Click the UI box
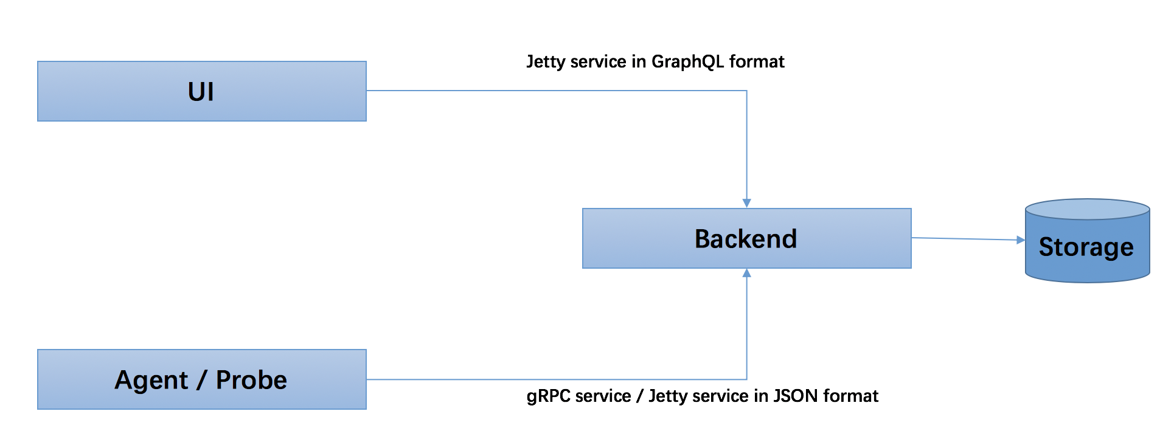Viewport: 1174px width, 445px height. point(201,91)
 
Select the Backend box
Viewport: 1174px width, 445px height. point(746,238)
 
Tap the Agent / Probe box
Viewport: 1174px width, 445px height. point(201,379)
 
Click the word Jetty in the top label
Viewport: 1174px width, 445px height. point(545,61)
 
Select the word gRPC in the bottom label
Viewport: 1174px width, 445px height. point(548,396)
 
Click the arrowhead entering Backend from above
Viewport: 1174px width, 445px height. point(746,203)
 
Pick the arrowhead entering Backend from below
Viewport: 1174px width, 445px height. point(746,274)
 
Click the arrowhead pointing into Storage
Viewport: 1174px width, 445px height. point(1020,240)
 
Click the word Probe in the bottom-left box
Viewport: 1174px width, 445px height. point(251,380)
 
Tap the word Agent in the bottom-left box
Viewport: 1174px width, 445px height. point(151,381)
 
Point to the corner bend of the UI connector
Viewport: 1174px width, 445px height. point(746,91)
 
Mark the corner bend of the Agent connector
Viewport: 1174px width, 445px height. point(746,379)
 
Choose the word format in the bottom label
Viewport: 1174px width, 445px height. point(850,396)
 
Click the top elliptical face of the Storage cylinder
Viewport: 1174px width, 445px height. point(1087,209)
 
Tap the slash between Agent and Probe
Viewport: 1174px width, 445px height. point(201,381)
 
